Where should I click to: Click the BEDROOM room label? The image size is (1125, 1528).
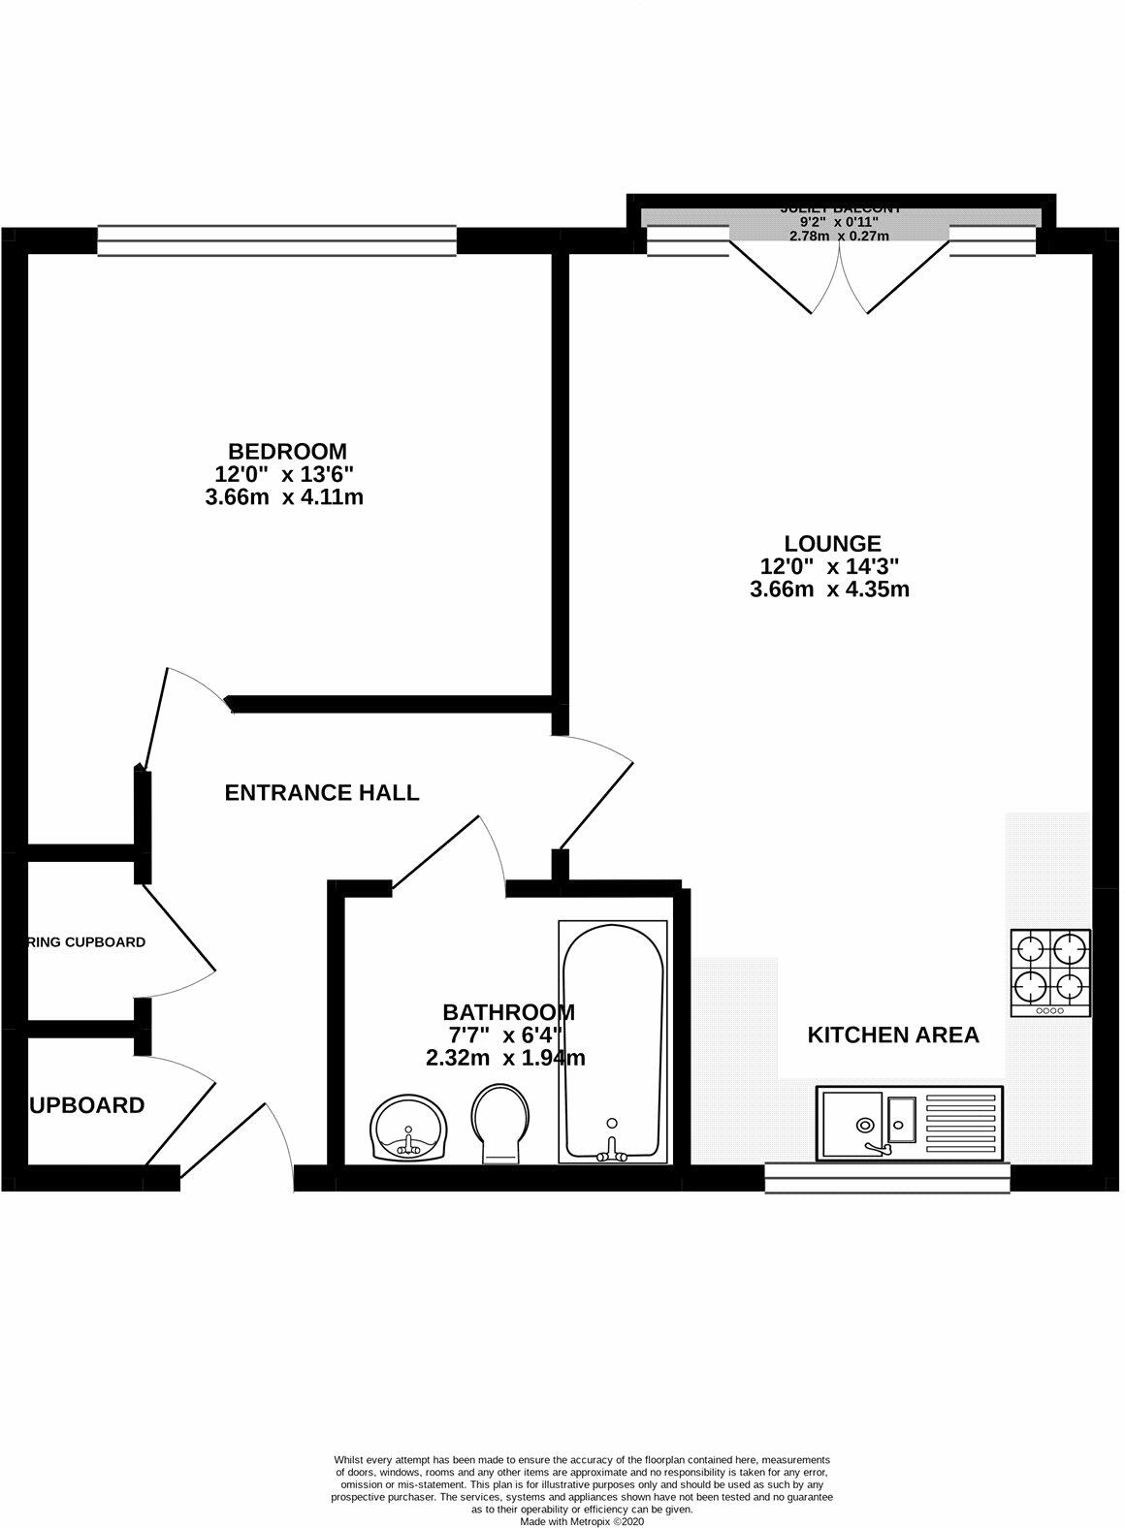(287, 452)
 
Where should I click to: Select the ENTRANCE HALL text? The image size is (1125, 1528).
(322, 793)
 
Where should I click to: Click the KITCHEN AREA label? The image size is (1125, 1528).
(893, 1035)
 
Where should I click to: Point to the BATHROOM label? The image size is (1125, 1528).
(508, 1012)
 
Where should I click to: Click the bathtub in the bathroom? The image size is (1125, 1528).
(612, 1039)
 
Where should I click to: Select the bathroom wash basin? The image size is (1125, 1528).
(408, 1127)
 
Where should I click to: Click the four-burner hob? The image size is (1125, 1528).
(1049, 972)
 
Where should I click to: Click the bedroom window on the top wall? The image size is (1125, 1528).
(276, 240)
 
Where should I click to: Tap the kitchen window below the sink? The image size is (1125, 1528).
(887, 1176)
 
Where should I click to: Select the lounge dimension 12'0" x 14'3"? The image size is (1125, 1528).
(833, 567)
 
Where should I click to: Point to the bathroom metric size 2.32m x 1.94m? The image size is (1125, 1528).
(504, 1059)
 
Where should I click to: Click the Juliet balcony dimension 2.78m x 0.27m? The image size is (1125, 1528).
(838, 236)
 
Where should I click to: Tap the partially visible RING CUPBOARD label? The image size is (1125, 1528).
(86, 942)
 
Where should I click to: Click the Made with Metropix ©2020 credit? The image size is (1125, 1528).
(581, 1521)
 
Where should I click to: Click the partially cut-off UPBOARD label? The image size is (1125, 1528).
(87, 1105)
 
